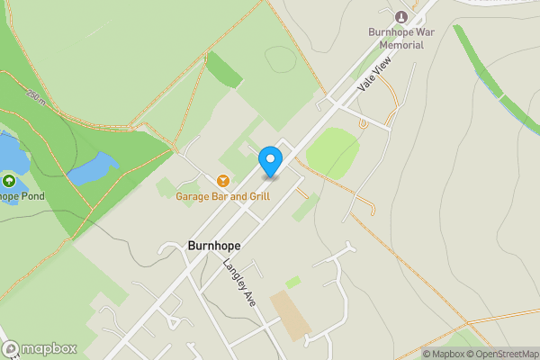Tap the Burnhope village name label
(x=214, y=245)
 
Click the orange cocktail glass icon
(x=221, y=180)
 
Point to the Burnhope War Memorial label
(x=401, y=38)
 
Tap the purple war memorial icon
(x=401, y=16)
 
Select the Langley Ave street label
(x=239, y=284)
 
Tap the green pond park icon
(x=8, y=181)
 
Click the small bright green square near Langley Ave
(x=292, y=283)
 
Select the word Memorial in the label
(x=401, y=44)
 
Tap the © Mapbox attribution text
(x=448, y=353)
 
